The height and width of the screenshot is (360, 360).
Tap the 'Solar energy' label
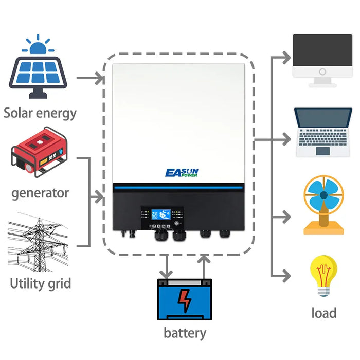tap(40, 113)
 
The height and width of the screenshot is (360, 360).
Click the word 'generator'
tap(40, 193)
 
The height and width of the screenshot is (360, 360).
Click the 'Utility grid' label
tap(41, 283)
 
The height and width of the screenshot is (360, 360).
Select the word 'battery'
tap(185, 333)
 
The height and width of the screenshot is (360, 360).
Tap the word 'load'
tap(324, 313)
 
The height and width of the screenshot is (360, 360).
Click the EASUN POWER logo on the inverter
tap(182, 173)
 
